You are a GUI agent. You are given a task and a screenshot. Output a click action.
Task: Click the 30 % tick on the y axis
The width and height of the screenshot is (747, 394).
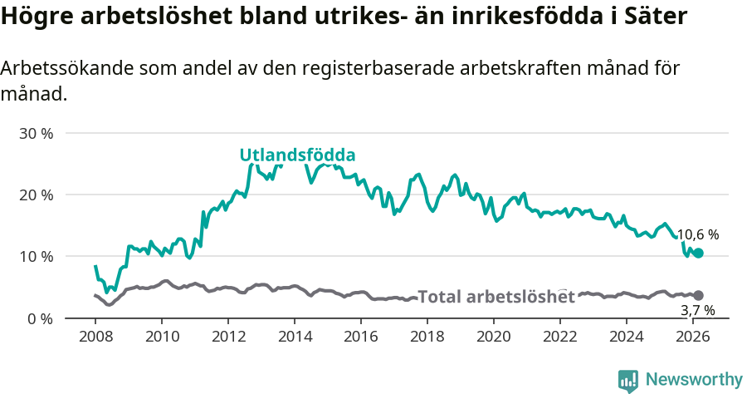(x=36, y=133)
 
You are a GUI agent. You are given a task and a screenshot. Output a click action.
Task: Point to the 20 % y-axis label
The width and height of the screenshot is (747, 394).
(x=36, y=195)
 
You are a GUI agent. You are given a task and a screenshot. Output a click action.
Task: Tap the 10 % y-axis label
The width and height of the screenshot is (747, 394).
(x=36, y=256)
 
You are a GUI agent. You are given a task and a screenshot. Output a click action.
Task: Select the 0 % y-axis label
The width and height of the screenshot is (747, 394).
(x=39, y=318)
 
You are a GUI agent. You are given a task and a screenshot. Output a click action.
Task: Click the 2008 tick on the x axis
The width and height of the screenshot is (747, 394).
(x=95, y=337)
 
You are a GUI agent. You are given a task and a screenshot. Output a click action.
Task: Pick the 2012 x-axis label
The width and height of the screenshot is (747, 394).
(x=228, y=337)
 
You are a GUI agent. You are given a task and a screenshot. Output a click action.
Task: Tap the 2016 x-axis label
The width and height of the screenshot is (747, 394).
(x=361, y=337)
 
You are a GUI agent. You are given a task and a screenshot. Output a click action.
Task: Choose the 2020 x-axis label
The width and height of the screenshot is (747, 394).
(x=494, y=337)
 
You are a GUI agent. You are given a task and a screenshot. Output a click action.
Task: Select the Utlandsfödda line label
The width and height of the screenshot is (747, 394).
(x=297, y=155)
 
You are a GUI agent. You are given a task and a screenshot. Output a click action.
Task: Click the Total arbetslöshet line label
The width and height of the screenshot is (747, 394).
(x=496, y=297)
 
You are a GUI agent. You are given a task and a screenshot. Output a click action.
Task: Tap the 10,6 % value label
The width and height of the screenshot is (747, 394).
(x=697, y=235)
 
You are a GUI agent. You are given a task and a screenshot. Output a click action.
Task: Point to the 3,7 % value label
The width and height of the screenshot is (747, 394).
(x=697, y=310)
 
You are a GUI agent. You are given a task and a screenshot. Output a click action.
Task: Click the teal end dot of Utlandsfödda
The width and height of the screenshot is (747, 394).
(x=698, y=253)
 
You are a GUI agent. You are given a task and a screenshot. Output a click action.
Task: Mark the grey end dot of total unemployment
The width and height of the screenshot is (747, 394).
(x=698, y=295)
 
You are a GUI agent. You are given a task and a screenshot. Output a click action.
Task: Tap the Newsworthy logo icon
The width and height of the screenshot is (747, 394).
(x=628, y=381)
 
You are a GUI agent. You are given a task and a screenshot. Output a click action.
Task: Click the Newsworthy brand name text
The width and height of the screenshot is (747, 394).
(x=693, y=380)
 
